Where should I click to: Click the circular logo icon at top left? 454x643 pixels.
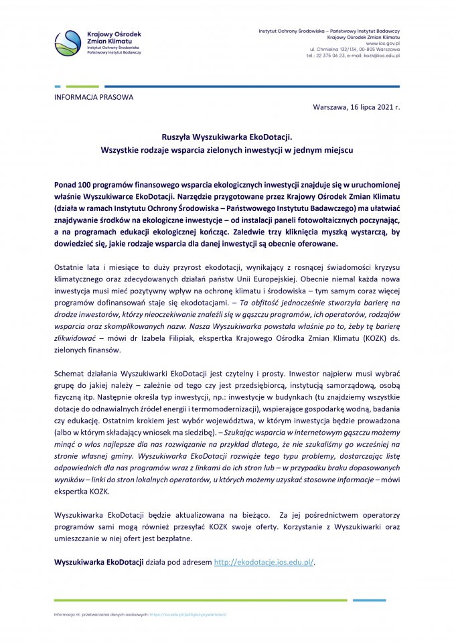click(x=68, y=43)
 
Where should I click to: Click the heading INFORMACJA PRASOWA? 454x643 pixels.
click(x=93, y=97)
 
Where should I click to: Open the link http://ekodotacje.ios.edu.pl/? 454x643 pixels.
click(x=264, y=562)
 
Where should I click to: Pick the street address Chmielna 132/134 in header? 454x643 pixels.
click(x=339, y=50)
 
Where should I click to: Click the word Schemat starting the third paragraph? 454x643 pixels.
click(x=70, y=370)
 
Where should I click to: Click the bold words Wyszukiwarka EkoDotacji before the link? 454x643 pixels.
click(x=99, y=562)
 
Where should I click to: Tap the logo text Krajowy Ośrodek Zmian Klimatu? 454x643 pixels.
click(x=115, y=38)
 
